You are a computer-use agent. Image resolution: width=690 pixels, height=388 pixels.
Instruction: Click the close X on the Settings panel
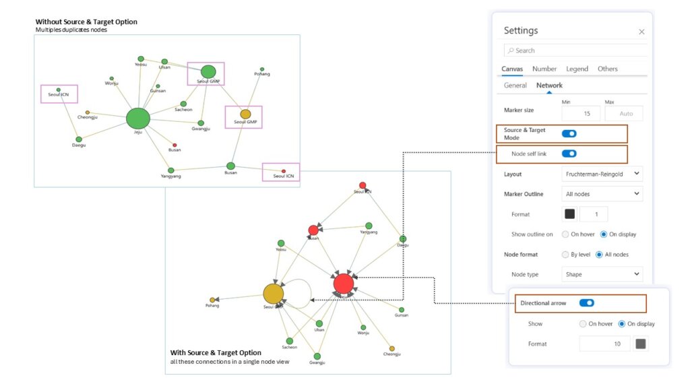641,32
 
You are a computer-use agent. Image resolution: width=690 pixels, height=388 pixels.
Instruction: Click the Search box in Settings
576,51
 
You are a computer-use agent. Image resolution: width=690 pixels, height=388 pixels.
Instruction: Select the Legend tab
577,69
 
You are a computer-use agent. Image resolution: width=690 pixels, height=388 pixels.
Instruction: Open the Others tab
607,69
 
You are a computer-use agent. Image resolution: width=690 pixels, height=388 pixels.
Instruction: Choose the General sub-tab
515,86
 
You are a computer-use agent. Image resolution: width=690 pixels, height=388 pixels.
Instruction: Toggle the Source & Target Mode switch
569,133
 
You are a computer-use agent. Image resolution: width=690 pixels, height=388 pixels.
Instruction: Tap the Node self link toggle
569,154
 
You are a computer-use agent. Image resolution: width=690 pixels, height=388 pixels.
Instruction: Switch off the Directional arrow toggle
586,303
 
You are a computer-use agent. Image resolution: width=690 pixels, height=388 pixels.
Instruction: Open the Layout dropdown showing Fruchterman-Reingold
602,174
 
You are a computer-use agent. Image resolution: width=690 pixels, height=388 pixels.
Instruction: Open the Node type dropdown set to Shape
602,274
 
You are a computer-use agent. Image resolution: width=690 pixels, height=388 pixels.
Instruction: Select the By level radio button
565,255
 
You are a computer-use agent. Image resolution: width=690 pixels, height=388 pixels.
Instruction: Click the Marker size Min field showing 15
580,114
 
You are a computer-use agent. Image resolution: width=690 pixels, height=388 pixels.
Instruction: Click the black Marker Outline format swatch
569,214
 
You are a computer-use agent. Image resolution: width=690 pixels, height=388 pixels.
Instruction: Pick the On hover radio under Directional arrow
583,324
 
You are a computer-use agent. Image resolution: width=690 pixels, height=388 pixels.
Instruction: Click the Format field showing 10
604,344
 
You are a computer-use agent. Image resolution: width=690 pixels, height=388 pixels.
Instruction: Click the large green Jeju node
137,119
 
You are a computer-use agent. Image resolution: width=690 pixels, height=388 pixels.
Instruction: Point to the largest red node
343,284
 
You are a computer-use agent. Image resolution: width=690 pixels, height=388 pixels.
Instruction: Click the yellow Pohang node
212,300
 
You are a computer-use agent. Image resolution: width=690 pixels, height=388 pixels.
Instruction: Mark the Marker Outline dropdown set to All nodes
602,194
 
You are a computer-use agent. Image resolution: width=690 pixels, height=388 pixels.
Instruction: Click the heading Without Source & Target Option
86,22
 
